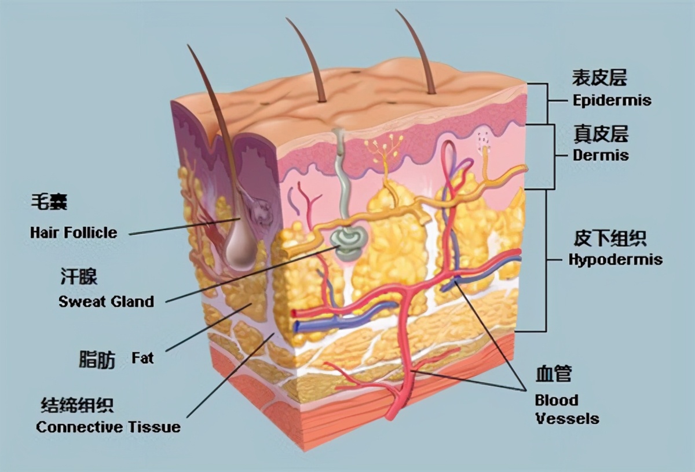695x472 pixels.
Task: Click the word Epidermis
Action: click(x=612, y=100)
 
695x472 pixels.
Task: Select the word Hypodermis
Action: click(x=615, y=259)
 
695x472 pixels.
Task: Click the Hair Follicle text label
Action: click(x=74, y=233)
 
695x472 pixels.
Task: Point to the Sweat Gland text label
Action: click(x=106, y=302)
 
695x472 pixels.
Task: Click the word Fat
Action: click(x=142, y=358)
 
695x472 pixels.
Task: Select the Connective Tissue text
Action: click(x=108, y=427)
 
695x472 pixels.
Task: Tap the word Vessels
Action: click(x=566, y=418)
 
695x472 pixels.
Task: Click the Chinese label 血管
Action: click(x=553, y=375)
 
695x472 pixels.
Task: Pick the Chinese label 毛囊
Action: click(x=49, y=202)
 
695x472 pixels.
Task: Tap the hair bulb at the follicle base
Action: click(x=241, y=249)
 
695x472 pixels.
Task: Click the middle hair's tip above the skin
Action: click(x=288, y=20)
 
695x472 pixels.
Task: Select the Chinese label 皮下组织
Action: click(x=609, y=238)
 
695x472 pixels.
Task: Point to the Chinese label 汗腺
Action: click(x=79, y=277)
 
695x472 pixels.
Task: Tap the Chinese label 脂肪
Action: click(x=97, y=360)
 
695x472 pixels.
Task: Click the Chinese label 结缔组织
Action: click(x=77, y=405)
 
